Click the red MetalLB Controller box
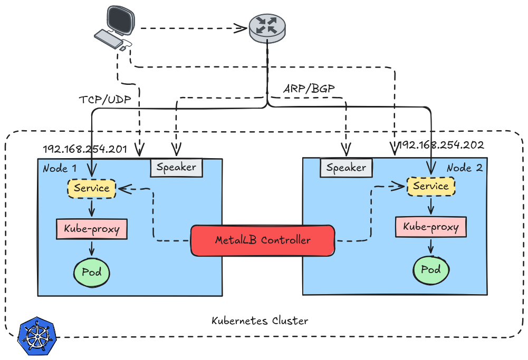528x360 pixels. tap(263, 241)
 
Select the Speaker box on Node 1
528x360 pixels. tap(176, 168)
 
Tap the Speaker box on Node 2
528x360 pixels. tap(346, 168)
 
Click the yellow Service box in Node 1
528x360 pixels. tap(91, 188)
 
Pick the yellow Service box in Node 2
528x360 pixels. tap(430, 186)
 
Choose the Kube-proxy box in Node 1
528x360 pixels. tap(91, 229)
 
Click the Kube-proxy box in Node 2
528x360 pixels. tap(430, 227)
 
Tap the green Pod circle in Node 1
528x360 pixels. tap(91, 273)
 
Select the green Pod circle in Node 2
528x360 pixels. tap(430, 269)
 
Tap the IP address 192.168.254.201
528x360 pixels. tap(85, 149)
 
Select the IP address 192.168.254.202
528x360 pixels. tap(440, 145)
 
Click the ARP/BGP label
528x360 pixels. tap(309, 89)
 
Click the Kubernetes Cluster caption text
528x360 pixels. tap(260, 321)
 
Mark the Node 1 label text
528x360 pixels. tap(60, 169)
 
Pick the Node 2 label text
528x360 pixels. tap(464, 168)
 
